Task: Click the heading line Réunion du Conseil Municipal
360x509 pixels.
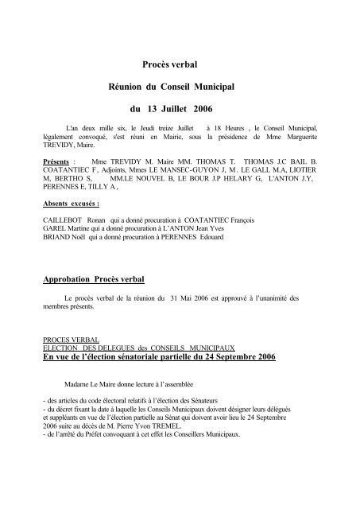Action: tap(180, 84)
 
